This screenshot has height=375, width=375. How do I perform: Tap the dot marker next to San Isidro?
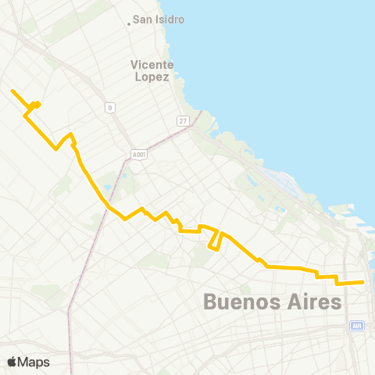click(x=130, y=23)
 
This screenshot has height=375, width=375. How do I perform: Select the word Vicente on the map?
click(x=152, y=65)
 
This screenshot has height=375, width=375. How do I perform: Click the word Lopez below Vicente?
click(x=153, y=77)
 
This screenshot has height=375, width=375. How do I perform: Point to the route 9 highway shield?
click(x=110, y=107)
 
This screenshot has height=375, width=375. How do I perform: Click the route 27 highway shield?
click(x=182, y=120)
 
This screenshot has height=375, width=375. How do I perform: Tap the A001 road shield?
click(x=137, y=155)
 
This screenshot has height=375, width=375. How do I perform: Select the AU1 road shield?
click(x=357, y=326)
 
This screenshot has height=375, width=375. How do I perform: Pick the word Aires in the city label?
click(x=313, y=301)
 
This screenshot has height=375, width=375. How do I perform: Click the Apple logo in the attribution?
click(x=12, y=362)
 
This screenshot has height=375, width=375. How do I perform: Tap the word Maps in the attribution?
click(x=34, y=362)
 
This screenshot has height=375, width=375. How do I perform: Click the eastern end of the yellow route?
click(x=363, y=282)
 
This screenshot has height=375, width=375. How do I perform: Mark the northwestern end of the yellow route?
click(x=12, y=91)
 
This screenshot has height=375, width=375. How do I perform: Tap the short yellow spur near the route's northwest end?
click(x=36, y=105)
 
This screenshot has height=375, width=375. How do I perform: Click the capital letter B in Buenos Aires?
click(x=209, y=301)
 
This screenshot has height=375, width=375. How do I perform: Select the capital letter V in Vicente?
click(x=135, y=65)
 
